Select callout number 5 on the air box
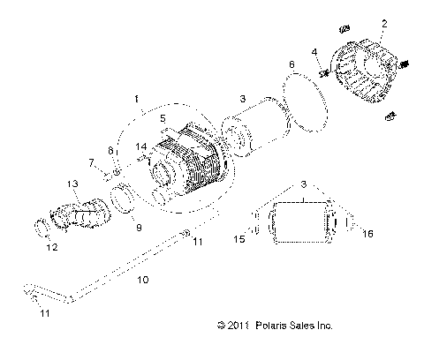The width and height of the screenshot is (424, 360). [162, 116]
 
